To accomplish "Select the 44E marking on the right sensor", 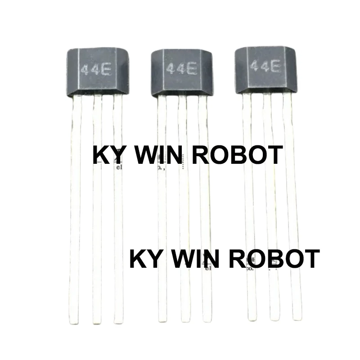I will click(265, 67).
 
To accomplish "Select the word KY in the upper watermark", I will click(106, 155).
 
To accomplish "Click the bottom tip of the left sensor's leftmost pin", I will click(75, 322).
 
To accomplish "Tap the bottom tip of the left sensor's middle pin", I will click(96, 322).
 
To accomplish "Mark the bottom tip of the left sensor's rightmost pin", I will click(118, 321).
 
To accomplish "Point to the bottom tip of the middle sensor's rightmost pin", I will click(207, 320).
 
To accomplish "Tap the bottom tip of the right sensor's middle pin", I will click(274, 318).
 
